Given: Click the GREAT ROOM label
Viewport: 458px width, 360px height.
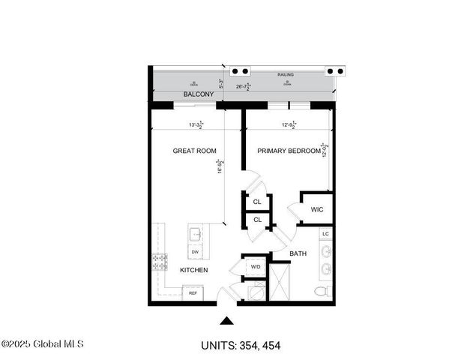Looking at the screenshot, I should (x=194, y=151).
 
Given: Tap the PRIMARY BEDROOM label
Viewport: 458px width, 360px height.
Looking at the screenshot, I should (x=289, y=151).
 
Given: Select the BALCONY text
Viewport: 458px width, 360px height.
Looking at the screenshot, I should (x=199, y=94).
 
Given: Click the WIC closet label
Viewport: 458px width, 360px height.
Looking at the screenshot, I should (x=317, y=209).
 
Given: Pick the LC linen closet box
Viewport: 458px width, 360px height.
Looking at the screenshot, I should (x=325, y=234).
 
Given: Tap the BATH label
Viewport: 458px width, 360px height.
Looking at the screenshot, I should (x=298, y=254).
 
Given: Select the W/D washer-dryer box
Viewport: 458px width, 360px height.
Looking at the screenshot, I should (x=255, y=266).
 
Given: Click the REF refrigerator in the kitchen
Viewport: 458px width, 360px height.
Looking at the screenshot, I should (x=193, y=293).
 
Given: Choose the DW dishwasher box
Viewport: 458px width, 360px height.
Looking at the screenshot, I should (x=194, y=252).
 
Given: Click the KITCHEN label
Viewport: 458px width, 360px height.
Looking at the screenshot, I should (x=193, y=270).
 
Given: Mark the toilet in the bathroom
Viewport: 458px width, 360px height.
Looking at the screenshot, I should (x=321, y=291).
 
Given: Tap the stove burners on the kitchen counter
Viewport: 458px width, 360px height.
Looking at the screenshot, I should (x=160, y=262).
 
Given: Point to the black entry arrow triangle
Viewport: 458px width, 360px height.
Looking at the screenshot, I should (x=227, y=321).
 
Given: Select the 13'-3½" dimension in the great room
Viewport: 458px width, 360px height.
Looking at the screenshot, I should (x=196, y=125).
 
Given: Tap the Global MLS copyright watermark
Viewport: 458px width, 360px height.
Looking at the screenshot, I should (x=43, y=344).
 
